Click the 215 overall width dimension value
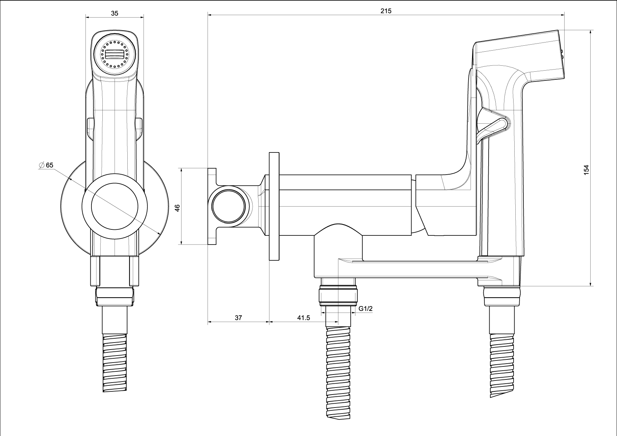click(386, 11)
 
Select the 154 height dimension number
click(586, 170)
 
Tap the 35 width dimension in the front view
click(115, 13)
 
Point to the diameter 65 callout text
click(47, 165)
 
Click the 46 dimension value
click(177, 208)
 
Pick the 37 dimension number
click(238, 318)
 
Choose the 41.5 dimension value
click(303, 318)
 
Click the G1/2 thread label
click(365, 309)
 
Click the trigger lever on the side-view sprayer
click(494, 128)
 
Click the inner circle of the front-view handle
click(115, 207)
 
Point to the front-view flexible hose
click(115, 362)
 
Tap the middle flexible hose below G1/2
click(338, 372)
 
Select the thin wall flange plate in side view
click(274, 206)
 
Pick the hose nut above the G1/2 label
click(338, 295)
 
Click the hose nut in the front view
click(115, 296)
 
